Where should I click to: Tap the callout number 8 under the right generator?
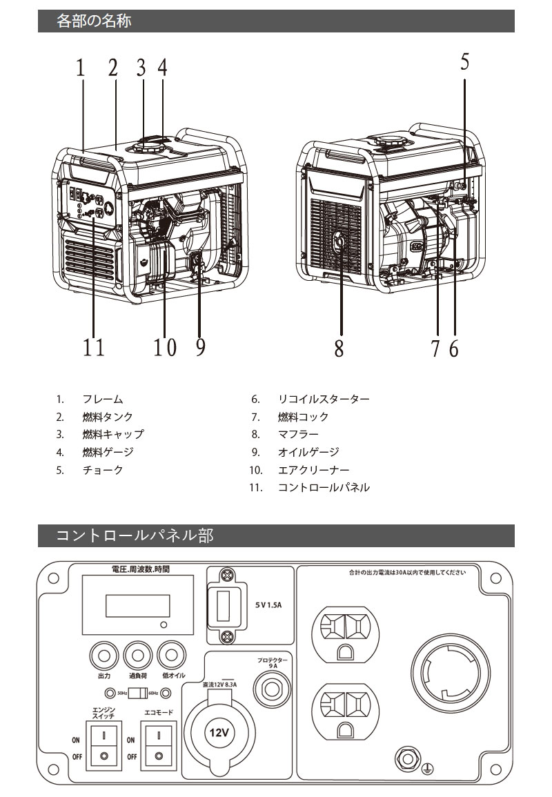339,347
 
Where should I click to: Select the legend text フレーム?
103,399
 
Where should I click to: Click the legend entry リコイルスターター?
324,399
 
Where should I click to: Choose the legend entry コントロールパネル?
324,487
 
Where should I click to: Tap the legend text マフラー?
298,434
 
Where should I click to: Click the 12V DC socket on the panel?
220,731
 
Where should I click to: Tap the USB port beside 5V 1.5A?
224,605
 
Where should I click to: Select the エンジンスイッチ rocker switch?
103,744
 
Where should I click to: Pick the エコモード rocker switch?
158,744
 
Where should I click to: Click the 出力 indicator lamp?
104,653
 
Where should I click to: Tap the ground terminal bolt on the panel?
407,758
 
